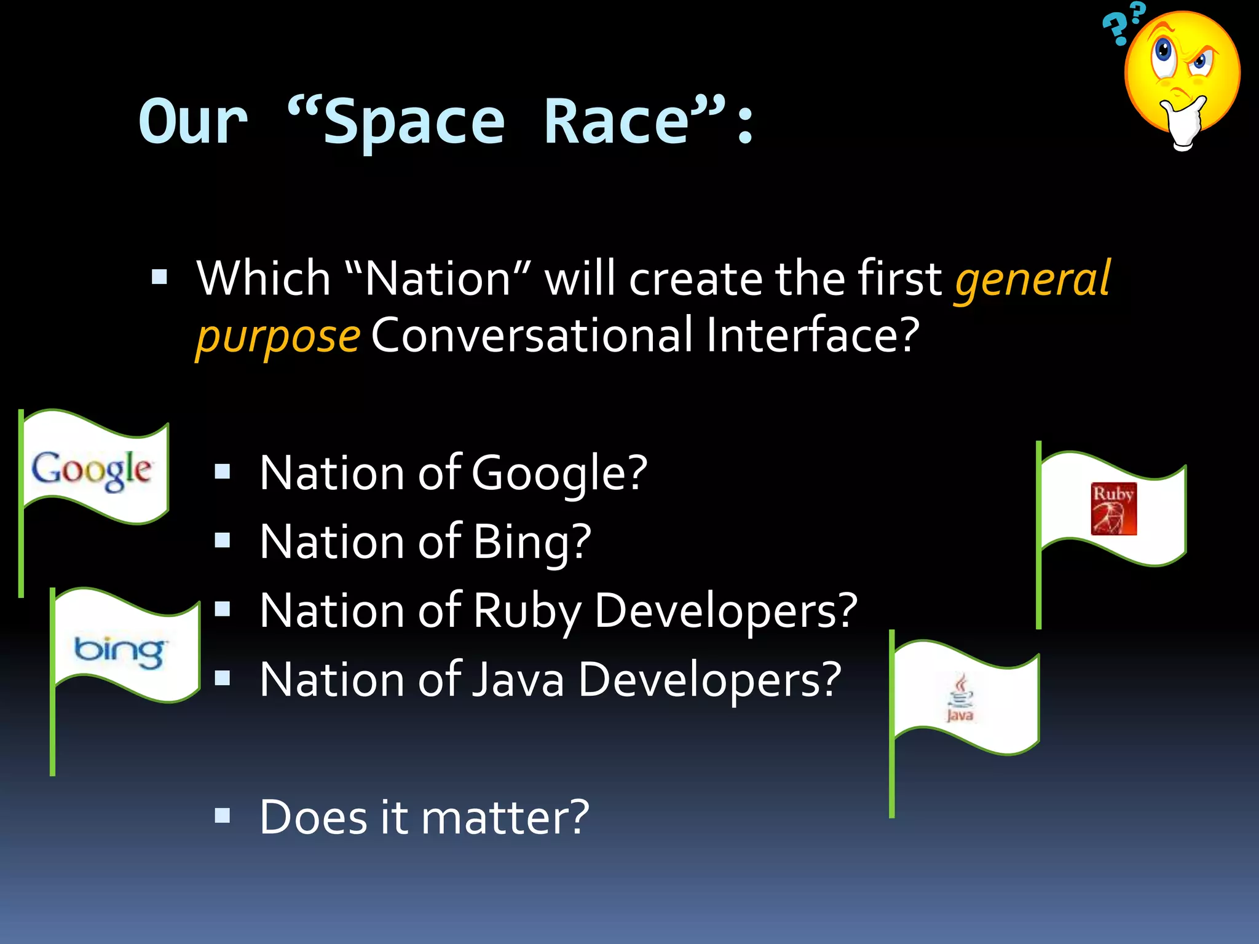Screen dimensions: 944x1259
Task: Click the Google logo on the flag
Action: coord(91,470)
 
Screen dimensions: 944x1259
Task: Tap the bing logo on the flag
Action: coord(119,651)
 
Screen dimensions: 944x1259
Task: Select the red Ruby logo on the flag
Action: coord(1113,509)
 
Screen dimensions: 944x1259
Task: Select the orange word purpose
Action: coord(278,337)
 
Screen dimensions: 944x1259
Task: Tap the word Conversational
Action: coord(532,336)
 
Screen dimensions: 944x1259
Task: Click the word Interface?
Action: coord(812,336)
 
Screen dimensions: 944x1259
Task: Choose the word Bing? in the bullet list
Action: coord(532,542)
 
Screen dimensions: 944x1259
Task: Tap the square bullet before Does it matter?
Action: coord(223,816)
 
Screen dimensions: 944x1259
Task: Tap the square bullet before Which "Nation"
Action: coord(159,277)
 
